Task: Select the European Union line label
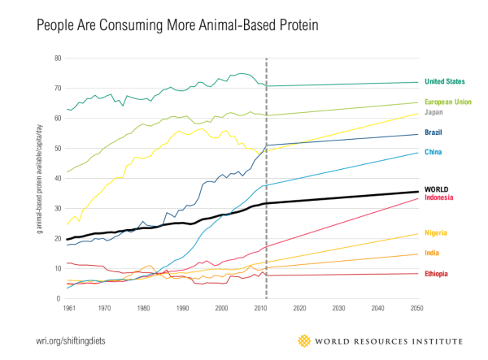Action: point(448,103)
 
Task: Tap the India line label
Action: point(434,254)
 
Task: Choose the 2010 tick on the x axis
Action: point(261,309)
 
